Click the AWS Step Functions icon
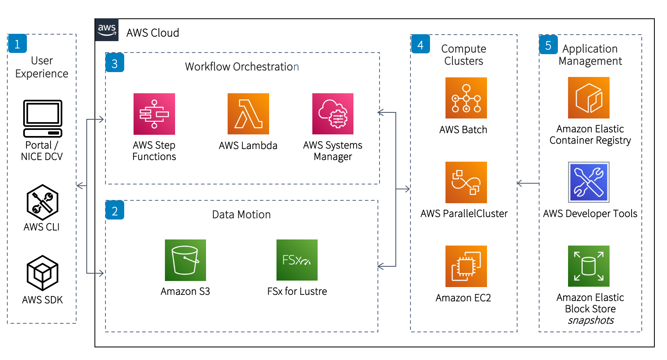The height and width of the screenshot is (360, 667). (154, 114)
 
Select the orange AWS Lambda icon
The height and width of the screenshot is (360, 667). (248, 114)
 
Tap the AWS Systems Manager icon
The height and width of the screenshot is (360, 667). (333, 114)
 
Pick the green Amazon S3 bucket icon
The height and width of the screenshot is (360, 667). (185, 260)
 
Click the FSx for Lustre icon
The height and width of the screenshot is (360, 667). (297, 260)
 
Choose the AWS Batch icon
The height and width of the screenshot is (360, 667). (466, 98)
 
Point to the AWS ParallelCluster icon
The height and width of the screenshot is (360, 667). (466, 182)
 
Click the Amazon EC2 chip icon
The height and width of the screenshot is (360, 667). (466, 266)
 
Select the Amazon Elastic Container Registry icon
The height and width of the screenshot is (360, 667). (589, 98)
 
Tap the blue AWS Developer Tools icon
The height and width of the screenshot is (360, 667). (589, 182)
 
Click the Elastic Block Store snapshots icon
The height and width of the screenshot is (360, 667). (589, 266)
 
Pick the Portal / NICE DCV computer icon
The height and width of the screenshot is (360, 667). (43, 119)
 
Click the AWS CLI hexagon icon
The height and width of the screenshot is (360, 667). (42, 202)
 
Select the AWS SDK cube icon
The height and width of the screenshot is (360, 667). (42, 273)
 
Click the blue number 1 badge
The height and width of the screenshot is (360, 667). (17, 44)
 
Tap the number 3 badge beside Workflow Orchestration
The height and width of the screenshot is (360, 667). (115, 63)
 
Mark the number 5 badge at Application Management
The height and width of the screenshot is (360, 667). (548, 45)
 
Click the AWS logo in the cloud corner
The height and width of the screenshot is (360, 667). (107, 30)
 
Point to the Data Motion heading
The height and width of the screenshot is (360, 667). (241, 215)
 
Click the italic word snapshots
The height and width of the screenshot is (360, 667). (591, 320)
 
